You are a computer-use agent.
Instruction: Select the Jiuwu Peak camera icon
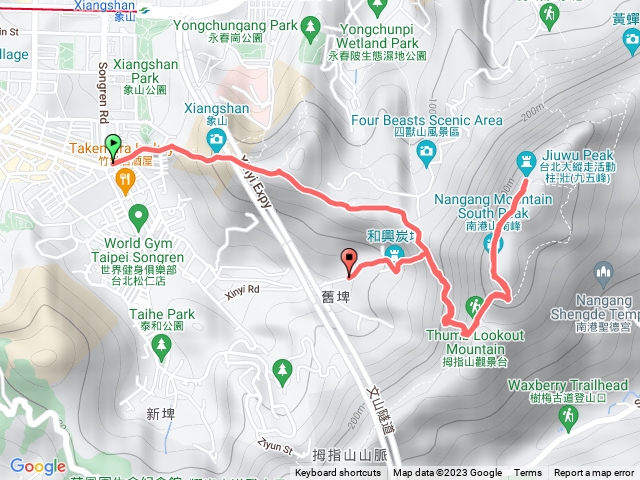(x=527, y=160)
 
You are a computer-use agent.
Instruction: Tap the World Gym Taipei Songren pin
(x=138, y=214)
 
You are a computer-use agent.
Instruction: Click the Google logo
(x=37, y=466)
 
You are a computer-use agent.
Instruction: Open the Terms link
(x=528, y=473)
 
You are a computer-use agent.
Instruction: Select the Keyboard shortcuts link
(x=338, y=473)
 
